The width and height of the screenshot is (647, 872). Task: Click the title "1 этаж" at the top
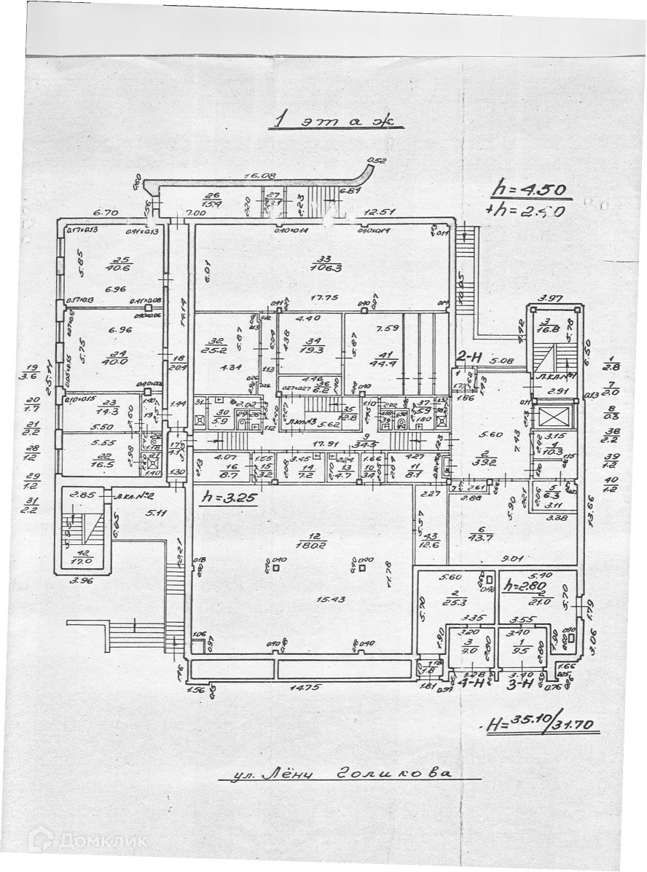point(334,121)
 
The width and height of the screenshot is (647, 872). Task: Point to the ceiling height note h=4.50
point(530,189)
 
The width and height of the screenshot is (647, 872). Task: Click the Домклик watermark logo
point(87,841)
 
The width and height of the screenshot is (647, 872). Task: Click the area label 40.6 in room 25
point(119,266)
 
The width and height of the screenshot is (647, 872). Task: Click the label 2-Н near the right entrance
point(466,357)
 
